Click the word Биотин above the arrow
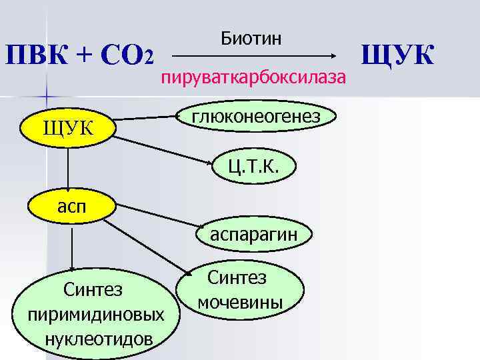coord(251,38)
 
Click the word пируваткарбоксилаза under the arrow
coord(253,78)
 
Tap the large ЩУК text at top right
coord(398,55)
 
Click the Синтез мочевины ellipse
coord(240,290)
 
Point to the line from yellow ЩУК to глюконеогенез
coord(147,119)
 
